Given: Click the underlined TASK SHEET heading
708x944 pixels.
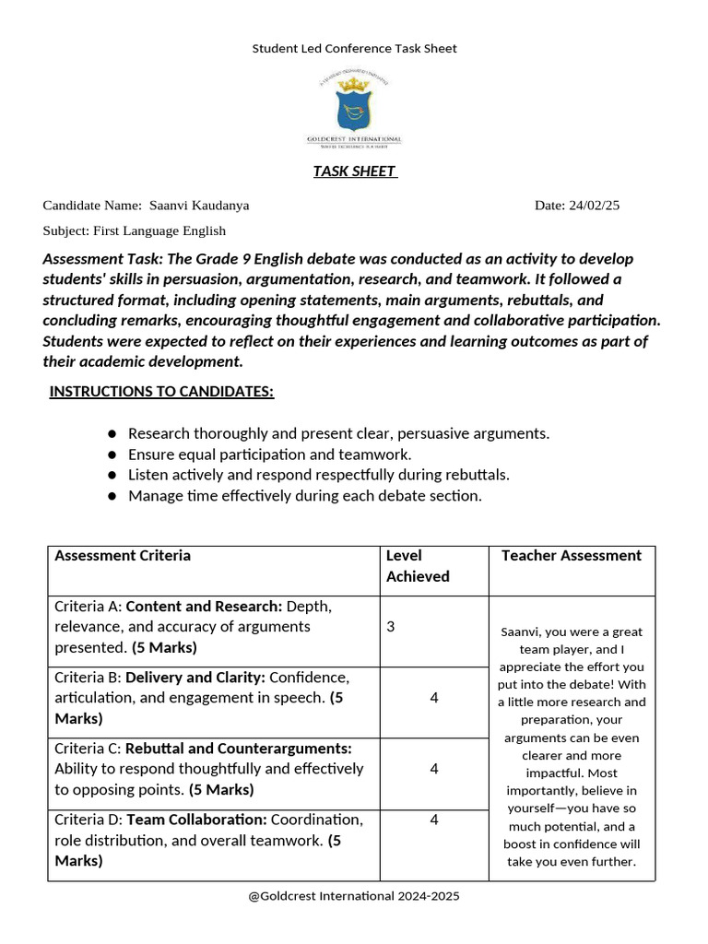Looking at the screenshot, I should coord(354,171).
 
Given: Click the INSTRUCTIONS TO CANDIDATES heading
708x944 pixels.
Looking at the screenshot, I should coord(161,392).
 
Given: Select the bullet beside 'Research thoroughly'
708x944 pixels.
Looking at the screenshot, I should coord(112,433).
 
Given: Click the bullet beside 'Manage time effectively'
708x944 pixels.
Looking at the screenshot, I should coord(112,496).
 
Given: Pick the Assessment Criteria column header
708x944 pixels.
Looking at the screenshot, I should coord(123,556).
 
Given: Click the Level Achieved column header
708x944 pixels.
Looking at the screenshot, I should coord(418,566).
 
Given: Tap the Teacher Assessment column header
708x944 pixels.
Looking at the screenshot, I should coord(572,556).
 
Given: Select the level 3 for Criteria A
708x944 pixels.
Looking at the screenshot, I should coord(391,627).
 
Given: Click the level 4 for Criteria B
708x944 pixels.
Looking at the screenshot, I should coord(434,698).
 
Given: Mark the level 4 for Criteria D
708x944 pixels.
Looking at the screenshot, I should coord(434,820).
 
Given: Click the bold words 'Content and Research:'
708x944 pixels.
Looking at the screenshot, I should coord(204,607).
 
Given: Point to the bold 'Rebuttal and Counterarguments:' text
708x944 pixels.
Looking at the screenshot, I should coord(239,749).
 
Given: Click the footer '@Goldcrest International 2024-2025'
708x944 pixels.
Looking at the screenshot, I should coord(354,896).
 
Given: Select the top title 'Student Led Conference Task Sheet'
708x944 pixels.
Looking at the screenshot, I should coord(354,48).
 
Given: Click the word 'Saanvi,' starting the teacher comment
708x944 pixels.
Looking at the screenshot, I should coord(523,632).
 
